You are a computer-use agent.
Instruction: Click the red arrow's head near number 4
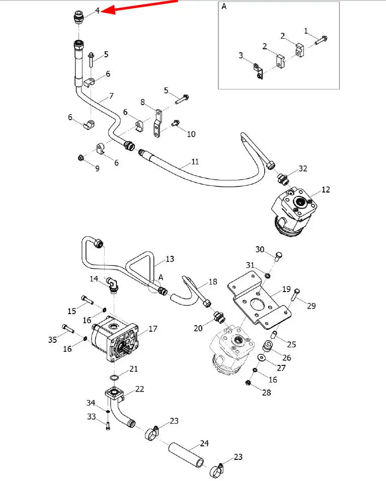pos(108,10)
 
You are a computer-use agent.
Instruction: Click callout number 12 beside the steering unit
pos(326,189)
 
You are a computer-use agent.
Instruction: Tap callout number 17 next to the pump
pos(152,329)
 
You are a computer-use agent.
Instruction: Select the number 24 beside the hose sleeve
pos(204,443)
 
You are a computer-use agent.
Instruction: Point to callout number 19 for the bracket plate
pos(286,289)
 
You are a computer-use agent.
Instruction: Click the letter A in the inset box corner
pos(224,7)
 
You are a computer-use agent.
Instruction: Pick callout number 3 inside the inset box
pos(241,55)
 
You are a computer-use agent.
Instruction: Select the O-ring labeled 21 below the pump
pos(114,377)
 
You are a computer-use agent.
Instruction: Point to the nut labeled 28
pos(248,382)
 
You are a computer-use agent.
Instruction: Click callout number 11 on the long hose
pos(195,162)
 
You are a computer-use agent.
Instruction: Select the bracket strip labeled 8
pos(158,123)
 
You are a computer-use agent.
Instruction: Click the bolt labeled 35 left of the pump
pos(68,329)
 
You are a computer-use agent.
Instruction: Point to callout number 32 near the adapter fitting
pos(303,168)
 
